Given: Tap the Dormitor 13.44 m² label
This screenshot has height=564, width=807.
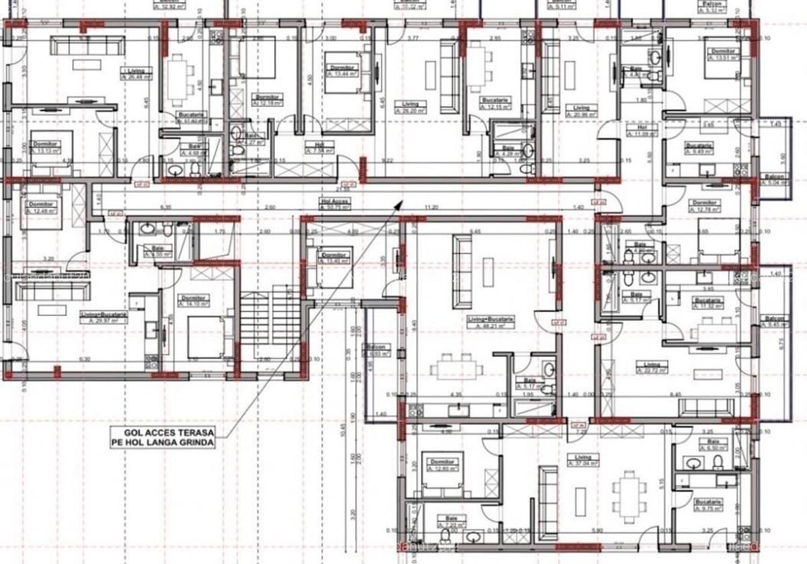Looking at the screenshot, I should (x=344, y=71).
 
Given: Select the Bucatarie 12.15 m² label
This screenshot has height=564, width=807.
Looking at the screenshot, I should (x=496, y=103).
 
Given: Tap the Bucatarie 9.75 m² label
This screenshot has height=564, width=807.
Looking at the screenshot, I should (x=709, y=506).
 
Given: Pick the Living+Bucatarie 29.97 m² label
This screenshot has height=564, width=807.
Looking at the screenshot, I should (x=106, y=318).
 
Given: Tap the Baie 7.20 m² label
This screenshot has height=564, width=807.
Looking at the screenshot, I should (x=451, y=520).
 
